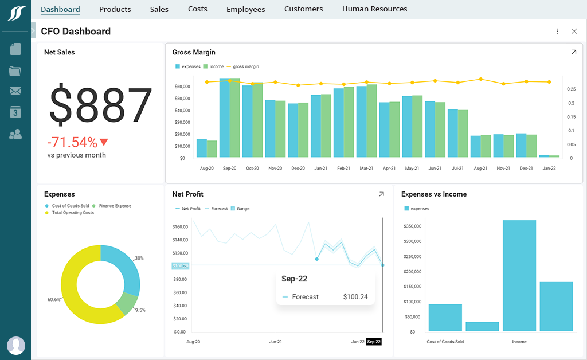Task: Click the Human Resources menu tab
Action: click(374, 9)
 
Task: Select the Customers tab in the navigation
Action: click(303, 9)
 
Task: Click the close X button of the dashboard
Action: click(574, 32)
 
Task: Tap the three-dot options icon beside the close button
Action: click(557, 32)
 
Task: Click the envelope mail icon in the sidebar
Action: click(15, 91)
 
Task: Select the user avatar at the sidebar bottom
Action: click(15, 345)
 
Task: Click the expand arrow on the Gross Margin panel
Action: click(574, 52)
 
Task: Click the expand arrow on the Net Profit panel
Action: click(381, 194)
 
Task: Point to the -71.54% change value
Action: click(72, 142)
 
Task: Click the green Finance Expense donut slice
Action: click(127, 303)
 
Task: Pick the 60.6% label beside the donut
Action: click(54, 300)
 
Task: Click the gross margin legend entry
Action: click(245, 66)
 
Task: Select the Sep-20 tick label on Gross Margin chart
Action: click(230, 169)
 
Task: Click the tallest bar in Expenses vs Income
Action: click(519, 275)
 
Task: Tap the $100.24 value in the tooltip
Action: click(355, 297)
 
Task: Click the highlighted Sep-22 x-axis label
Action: click(374, 342)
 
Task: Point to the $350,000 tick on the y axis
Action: click(413, 226)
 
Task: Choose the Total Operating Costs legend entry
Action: click(72, 213)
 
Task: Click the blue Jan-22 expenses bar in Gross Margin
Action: click(544, 156)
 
